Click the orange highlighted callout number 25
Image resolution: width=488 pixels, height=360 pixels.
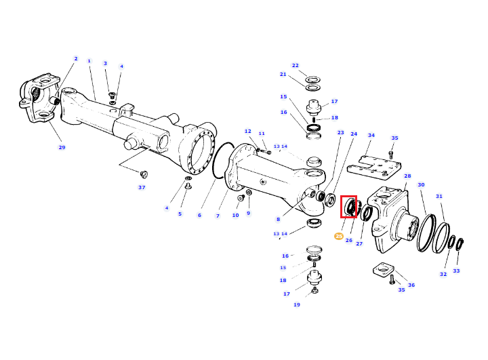coord(339,237)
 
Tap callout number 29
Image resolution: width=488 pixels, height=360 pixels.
coord(62,147)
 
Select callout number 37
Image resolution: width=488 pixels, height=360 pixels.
coord(142,187)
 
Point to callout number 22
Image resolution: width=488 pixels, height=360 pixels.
coord(295,65)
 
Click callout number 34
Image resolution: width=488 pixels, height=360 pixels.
coord(371,135)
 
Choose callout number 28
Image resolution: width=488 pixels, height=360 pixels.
coord(407,176)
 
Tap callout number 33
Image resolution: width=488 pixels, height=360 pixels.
coord(456,271)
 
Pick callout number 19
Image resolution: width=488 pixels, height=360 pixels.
coord(297,304)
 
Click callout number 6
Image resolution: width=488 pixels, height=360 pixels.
coord(199,215)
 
